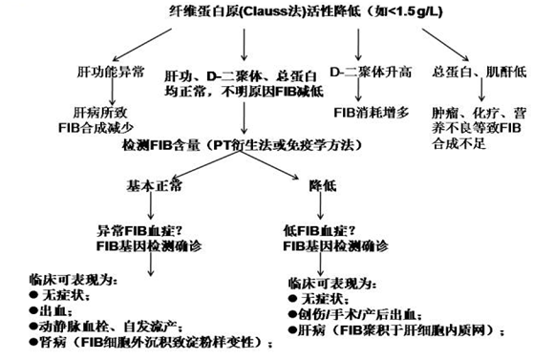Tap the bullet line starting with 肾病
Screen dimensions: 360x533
[x=133, y=338]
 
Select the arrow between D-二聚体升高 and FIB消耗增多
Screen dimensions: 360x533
[x=358, y=93]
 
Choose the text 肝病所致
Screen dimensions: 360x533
[x=85, y=111]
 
